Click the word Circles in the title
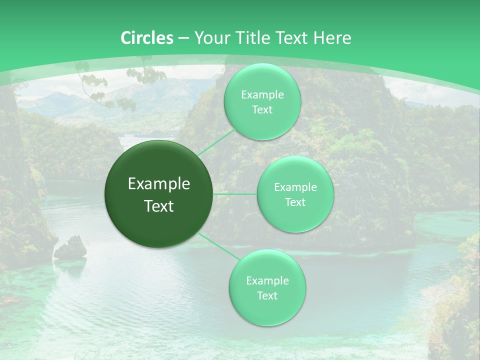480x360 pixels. (147, 38)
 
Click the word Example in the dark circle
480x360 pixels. (159, 184)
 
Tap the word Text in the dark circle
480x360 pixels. (159, 206)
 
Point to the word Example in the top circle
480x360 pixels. (262, 94)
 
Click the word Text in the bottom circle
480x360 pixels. (267, 295)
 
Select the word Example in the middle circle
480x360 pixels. (295, 187)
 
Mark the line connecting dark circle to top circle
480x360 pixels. (216, 141)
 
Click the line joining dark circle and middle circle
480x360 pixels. (235, 194)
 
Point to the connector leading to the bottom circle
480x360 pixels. (219, 246)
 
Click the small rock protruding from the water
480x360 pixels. (70, 248)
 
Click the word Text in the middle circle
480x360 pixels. (295, 202)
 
